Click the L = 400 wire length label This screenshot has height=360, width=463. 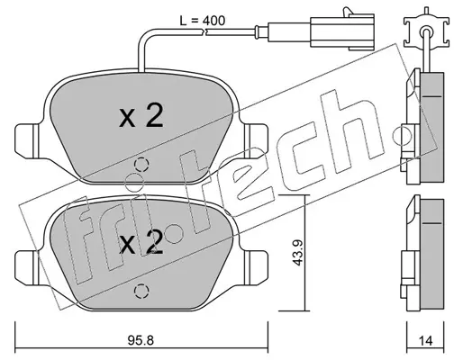tap(202, 21)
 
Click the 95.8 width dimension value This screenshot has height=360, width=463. tap(141, 340)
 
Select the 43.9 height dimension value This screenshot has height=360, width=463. tap(297, 253)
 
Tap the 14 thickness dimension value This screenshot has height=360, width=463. tap(425, 340)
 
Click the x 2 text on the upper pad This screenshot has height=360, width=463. tap(141, 116)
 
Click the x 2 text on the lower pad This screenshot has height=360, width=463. tap(141, 242)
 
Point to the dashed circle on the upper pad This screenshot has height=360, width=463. tap(141, 165)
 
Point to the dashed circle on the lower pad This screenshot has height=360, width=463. tap(141, 291)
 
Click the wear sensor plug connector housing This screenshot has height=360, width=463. tap(342, 31)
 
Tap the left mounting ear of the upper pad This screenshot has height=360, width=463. tap(27, 139)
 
